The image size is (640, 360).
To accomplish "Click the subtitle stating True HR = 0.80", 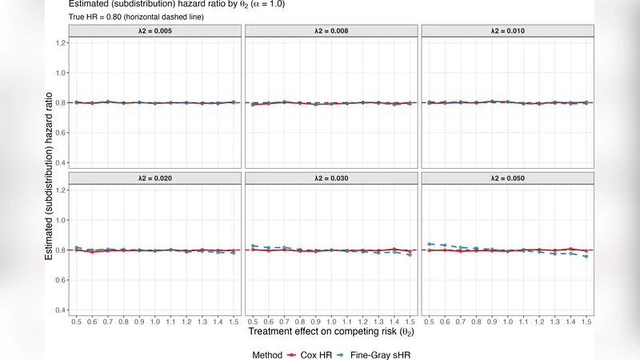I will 128,17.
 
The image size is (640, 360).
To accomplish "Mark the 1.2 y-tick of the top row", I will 59,42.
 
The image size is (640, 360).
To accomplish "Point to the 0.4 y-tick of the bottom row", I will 59,310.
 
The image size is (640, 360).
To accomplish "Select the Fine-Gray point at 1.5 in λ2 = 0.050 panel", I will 586,257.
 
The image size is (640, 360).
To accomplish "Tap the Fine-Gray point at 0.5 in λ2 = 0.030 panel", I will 252,246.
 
